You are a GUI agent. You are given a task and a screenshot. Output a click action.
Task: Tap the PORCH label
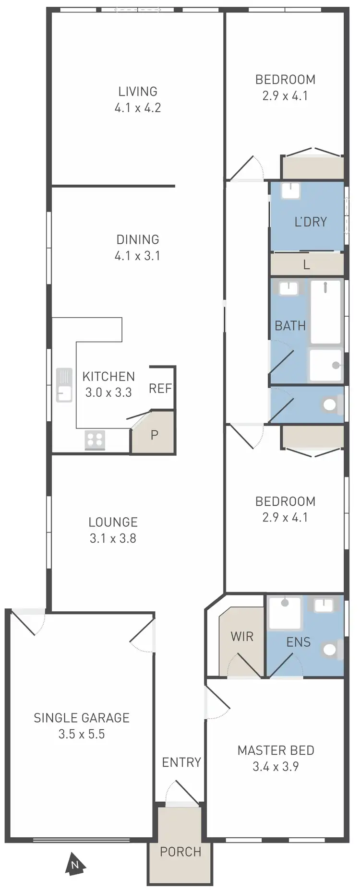coord(180,852)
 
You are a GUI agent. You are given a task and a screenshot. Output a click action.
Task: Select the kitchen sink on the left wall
coord(64,385)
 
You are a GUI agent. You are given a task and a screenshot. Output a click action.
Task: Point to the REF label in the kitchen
coord(160,388)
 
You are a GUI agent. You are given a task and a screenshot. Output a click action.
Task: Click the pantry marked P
coord(154,435)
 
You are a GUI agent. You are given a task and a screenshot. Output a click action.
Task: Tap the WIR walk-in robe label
coord(242,637)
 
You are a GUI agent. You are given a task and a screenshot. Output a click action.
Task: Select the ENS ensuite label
coord(298,642)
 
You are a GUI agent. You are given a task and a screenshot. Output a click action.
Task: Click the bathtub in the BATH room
coord(326,312)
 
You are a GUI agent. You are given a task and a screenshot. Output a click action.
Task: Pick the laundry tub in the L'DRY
coord(290,191)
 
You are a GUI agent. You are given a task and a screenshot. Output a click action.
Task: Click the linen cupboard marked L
coord(306,264)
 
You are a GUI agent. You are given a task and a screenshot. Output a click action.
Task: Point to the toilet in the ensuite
coord(331,649)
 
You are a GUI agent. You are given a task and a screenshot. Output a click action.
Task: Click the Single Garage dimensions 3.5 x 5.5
coord(82,734)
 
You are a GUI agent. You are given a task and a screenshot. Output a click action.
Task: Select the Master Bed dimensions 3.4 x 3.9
coord(276,766)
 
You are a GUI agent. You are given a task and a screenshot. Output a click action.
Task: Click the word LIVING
coord(138,91)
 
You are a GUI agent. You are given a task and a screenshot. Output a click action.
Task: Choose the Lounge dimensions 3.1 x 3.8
coord(113,538)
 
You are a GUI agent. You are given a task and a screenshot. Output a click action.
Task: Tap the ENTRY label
coord(181,762)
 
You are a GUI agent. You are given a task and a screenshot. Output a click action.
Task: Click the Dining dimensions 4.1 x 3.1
coord(137,256)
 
